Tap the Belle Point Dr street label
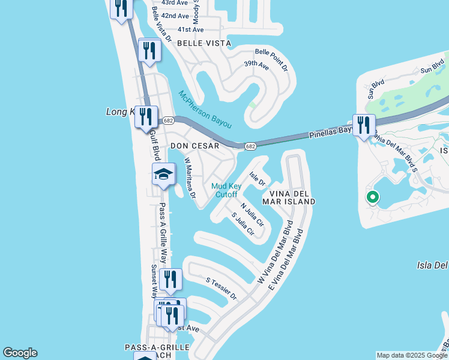pos(271,60)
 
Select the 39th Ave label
pos(256,64)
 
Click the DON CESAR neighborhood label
pos(192,146)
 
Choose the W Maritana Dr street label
pos(190,178)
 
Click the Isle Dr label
pos(258,179)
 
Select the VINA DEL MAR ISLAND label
pos(292,197)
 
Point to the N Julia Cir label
pos(253,214)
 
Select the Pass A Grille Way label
pos(163,228)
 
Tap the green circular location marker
pos(372,197)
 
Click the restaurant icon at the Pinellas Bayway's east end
pos(364,125)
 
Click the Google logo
pos(20,353)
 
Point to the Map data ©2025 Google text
pos(412,355)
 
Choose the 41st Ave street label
pos(191,29)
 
